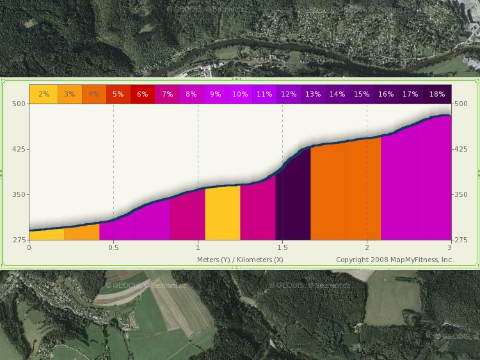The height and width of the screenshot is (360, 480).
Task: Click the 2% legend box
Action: [x=44, y=94]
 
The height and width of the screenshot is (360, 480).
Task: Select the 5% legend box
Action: [x=118, y=94]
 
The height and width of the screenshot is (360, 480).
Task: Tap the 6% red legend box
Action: [x=143, y=94]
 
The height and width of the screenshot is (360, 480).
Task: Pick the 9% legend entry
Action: [x=216, y=94]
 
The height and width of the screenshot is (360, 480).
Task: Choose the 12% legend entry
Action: [x=289, y=94]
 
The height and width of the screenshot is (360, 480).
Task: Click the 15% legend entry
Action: [x=362, y=94]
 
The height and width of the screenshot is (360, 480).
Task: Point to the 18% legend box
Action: [x=437, y=94]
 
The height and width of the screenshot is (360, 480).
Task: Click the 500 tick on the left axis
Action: [x=19, y=104]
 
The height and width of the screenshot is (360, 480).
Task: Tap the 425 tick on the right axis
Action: [x=461, y=149]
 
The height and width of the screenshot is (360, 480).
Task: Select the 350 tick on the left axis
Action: [x=19, y=194]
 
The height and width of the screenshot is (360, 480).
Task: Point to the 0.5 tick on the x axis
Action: [x=113, y=247]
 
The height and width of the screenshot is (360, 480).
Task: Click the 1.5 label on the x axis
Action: [x=282, y=247]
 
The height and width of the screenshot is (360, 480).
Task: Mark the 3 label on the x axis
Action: [x=449, y=247]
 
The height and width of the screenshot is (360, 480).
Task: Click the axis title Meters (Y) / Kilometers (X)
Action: [x=240, y=260]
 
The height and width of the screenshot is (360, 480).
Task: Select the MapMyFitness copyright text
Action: [x=395, y=260]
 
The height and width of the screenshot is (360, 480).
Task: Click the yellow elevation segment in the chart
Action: [x=223, y=213]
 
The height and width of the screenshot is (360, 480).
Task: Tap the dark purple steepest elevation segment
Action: [x=293, y=198]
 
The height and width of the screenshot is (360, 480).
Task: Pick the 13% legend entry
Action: [x=313, y=94]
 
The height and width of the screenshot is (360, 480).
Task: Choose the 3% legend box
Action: [x=69, y=94]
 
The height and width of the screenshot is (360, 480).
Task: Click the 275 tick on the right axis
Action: [x=461, y=240]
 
